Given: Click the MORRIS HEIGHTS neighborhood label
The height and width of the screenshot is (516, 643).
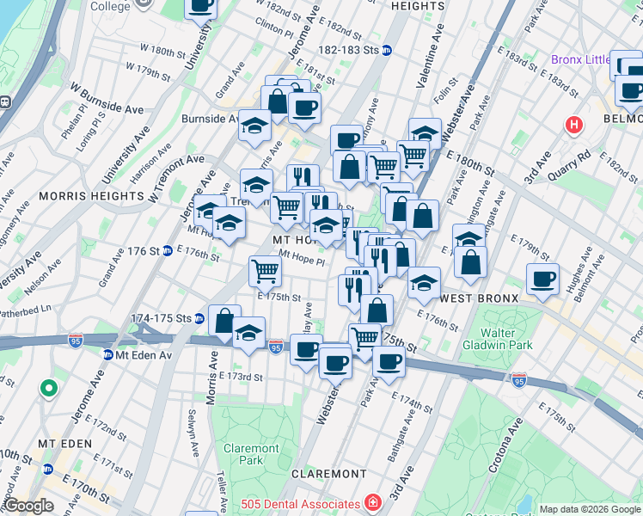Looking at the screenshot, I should pos(91,196).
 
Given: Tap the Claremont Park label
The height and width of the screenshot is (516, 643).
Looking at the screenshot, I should pos(251,454).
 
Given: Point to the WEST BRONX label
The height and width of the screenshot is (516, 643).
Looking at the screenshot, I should pos(479,298).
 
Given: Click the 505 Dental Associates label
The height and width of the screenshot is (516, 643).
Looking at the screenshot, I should pos(300,503).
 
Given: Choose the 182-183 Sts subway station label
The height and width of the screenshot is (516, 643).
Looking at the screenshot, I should pos(352,51).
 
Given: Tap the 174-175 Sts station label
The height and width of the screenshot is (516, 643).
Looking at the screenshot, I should pos(161,318).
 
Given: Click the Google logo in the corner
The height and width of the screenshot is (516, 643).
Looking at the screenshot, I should pos(28,506).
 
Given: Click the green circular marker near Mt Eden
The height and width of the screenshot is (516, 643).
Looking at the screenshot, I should pos(49,389).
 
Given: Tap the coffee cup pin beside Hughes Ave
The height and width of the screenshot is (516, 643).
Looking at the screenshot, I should pos(542,279).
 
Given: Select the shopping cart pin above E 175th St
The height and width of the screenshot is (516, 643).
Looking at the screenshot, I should pos(266,271).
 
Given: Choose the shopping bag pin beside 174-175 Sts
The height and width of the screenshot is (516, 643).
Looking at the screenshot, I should pos(224,322).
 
